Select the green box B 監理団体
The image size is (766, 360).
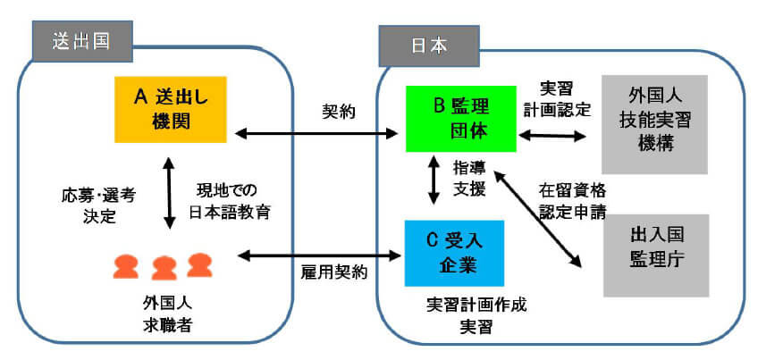tap(460, 119)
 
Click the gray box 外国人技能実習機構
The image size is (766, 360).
tap(655, 124)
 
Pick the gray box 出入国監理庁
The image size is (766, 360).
tap(655, 255)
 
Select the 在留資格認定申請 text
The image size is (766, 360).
tap(572, 201)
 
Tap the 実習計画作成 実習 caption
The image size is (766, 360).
tap(476, 314)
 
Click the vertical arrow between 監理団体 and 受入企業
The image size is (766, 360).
tap(434, 183)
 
